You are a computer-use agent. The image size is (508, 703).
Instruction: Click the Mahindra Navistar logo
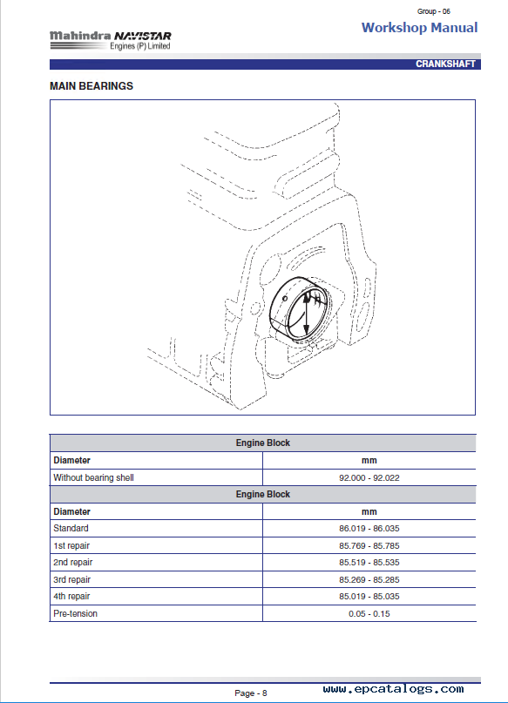pyautogui.click(x=111, y=40)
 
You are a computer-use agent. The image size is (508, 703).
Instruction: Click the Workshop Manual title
pyautogui.click(x=420, y=28)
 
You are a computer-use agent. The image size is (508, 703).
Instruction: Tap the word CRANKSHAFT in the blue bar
pyautogui.click(x=445, y=64)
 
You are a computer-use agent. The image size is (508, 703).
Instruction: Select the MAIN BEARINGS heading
pyautogui.click(x=91, y=86)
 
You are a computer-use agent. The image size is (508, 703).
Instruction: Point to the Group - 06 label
pyautogui.click(x=434, y=11)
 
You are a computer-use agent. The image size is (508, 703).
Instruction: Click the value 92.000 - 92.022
pyautogui.click(x=369, y=478)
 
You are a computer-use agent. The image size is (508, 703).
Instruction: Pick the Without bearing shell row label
pyautogui.click(x=94, y=478)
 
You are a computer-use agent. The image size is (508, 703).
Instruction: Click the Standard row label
pyautogui.click(x=71, y=528)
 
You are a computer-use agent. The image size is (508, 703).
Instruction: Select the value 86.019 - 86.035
pyautogui.click(x=369, y=529)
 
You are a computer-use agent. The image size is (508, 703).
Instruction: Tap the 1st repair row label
pyautogui.click(x=71, y=545)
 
